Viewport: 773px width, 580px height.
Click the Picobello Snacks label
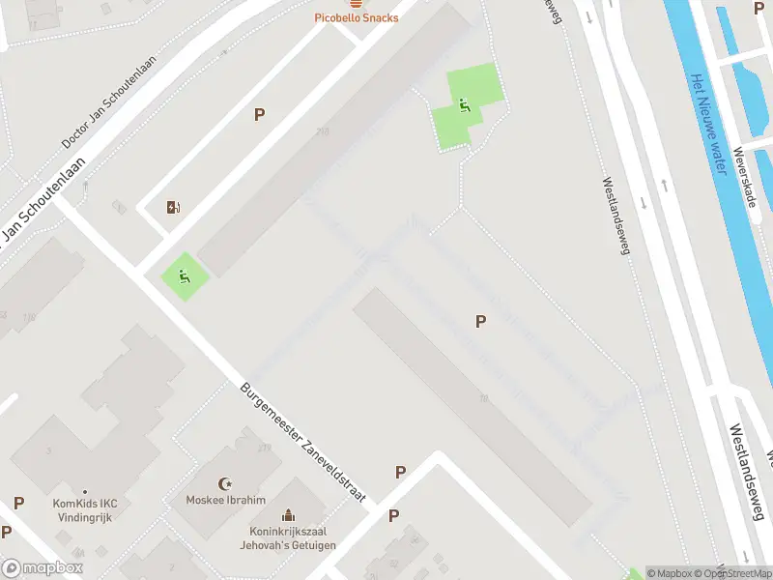(357, 18)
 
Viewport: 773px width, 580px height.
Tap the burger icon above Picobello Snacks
(357, 4)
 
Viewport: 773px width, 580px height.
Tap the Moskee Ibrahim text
(227, 500)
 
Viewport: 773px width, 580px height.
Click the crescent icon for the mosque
(227, 483)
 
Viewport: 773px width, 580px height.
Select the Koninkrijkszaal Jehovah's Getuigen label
(288, 538)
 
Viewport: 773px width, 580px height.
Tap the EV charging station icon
(173, 207)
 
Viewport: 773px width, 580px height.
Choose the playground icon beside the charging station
(183, 275)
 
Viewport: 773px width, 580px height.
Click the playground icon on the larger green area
(464, 105)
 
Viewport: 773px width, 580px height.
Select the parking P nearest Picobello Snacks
(259, 114)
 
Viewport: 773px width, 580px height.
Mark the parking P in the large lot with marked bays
(480, 321)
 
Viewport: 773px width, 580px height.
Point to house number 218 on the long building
(321, 132)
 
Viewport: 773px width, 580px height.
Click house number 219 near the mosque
(264, 448)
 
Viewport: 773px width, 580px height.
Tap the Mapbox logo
(43, 568)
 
